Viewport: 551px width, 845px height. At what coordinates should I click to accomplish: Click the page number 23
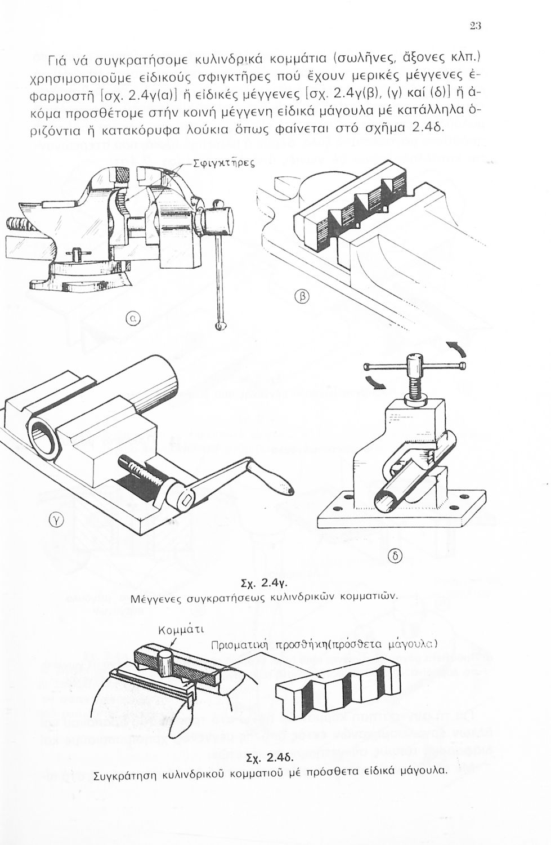(x=476, y=26)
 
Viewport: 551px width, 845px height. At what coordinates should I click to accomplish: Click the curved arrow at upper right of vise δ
(x=458, y=349)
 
